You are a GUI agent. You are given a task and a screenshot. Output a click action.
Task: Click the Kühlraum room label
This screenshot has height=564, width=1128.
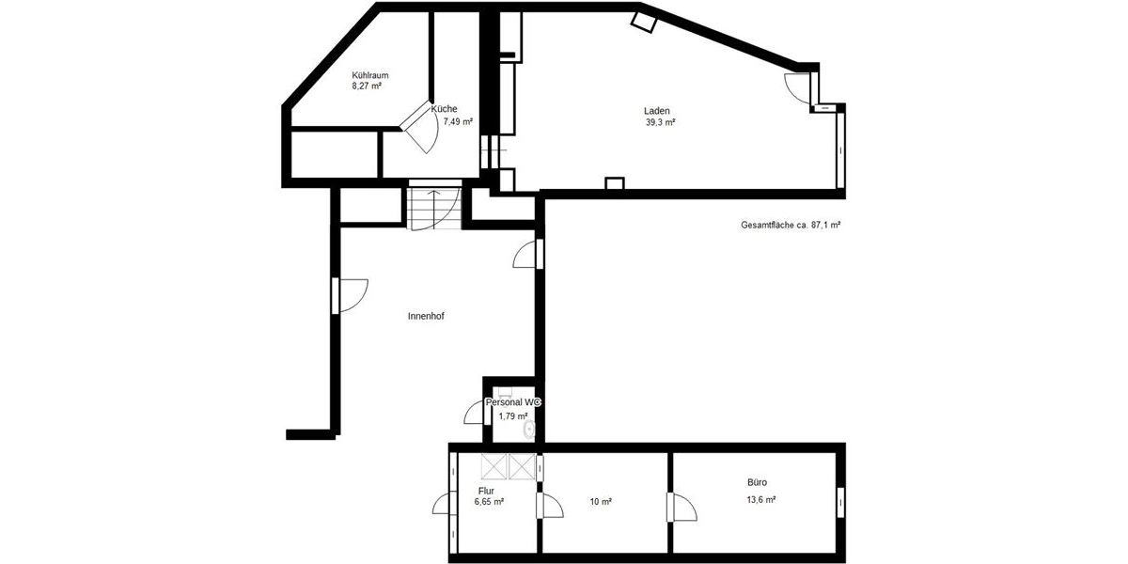(x=370, y=75)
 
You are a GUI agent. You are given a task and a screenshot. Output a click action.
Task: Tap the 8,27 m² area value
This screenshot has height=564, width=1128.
(x=367, y=86)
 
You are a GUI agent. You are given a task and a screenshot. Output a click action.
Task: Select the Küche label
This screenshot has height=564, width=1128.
(x=445, y=109)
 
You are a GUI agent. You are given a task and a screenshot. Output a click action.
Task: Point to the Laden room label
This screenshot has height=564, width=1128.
(x=657, y=111)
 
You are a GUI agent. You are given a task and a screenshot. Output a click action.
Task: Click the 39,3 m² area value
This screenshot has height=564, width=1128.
(x=661, y=122)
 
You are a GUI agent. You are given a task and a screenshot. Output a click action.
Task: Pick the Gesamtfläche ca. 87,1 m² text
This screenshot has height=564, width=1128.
(x=790, y=226)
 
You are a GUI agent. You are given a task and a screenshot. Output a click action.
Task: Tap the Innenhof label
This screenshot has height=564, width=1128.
(x=426, y=317)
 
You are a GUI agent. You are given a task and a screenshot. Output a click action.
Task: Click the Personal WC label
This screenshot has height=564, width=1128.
(x=513, y=402)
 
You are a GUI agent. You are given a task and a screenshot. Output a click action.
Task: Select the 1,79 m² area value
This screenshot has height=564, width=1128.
(x=513, y=415)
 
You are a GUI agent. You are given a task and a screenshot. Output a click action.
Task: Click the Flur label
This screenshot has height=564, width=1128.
(x=486, y=491)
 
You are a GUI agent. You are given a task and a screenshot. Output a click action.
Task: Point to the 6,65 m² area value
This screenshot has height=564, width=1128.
(x=489, y=502)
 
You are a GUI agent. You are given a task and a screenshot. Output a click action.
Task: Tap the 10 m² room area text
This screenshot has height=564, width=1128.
(x=601, y=502)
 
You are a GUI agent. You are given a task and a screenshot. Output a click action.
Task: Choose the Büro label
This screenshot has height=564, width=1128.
(x=758, y=482)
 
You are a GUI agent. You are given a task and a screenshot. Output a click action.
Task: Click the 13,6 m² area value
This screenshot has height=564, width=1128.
(x=760, y=500)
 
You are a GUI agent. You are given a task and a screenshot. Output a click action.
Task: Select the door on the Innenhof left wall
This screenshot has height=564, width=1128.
(x=349, y=295)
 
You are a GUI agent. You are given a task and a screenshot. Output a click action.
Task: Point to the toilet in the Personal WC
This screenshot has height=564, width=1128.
(x=530, y=431)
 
